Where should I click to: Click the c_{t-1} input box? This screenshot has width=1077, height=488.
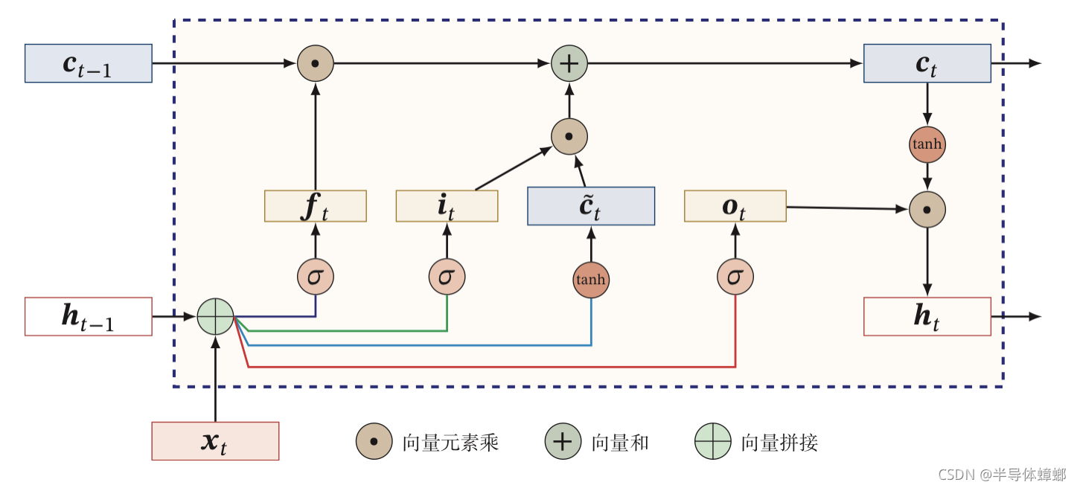pyautogui.click(x=88, y=63)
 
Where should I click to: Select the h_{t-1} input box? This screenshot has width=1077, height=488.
pyautogui.click(x=88, y=317)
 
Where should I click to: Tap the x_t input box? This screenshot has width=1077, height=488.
pyautogui.click(x=215, y=441)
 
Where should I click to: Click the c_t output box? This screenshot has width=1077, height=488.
pyautogui.click(x=927, y=63)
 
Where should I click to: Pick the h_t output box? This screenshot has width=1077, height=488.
pyautogui.click(x=927, y=317)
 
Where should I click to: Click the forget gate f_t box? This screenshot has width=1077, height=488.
pyautogui.click(x=316, y=206)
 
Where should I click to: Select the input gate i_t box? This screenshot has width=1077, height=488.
pyautogui.click(x=447, y=206)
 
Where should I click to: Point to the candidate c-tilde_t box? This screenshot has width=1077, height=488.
pyautogui.click(x=591, y=206)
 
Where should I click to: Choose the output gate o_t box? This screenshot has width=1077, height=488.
pyautogui.click(x=735, y=206)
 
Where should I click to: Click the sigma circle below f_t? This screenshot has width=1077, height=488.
pyautogui.click(x=316, y=277)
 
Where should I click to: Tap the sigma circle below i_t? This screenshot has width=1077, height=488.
pyautogui.click(x=447, y=277)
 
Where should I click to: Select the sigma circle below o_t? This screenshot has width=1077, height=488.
pyautogui.click(x=735, y=277)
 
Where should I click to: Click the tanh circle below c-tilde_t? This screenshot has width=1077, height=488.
pyautogui.click(x=591, y=280)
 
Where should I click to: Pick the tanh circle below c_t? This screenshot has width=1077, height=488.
pyautogui.click(x=927, y=144)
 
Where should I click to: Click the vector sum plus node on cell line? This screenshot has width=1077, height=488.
pyautogui.click(x=569, y=63)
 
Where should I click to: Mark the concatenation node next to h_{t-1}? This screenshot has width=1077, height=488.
pyautogui.click(x=215, y=317)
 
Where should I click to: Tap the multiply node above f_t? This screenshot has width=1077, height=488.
pyautogui.click(x=316, y=63)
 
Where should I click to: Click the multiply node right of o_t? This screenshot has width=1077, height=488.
pyautogui.click(x=927, y=210)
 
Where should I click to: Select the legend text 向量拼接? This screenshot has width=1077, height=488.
pyautogui.click(x=779, y=443)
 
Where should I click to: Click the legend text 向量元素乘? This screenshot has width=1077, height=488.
pyautogui.click(x=450, y=443)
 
